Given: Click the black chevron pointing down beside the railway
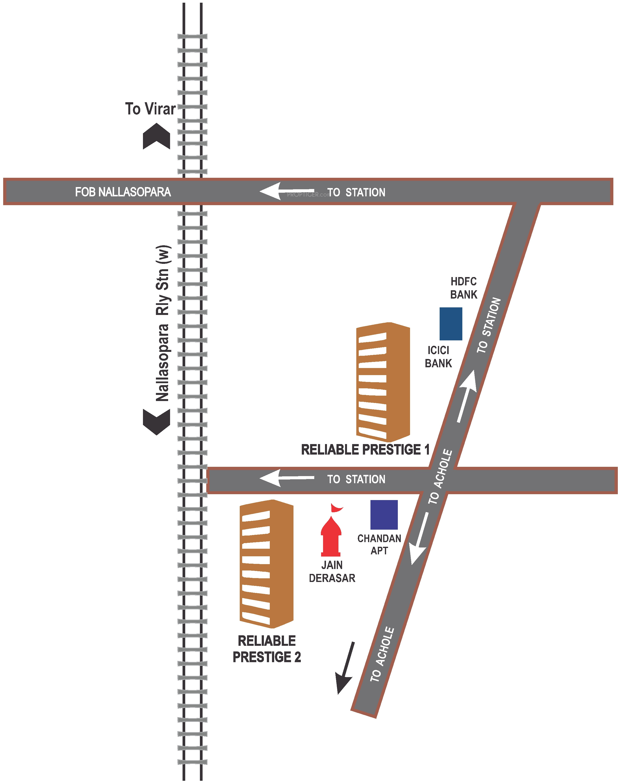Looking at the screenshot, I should pyautogui.click(x=156, y=422).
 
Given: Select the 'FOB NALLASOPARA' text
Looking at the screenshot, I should pyautogui.click(x=123, y=192).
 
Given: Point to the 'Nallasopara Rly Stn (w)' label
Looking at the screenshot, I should pyautogui.click(x=163, y=323).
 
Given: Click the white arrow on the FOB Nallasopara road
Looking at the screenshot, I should pyautogui.click(x=286, y=191).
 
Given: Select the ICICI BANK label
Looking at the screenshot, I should pyautogui.click(x=438, y=357).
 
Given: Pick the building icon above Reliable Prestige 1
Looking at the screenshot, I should pyautogui.click(x=383, y=382).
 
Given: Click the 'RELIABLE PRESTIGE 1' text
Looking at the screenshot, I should pyautogui.click(x=365, y=450).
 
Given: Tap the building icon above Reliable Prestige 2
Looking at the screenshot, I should pyautogui.click(x=266, y=564).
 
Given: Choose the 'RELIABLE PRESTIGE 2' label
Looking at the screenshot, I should pyautogui.click(x=267, y=649).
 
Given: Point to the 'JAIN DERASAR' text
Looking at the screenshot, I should pyautogui.click(x=332, y=571).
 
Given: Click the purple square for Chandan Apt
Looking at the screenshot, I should pyautogui.click(x=384, y=514).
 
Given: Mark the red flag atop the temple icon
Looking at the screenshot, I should pyautogui.click(x=337, y=508).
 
